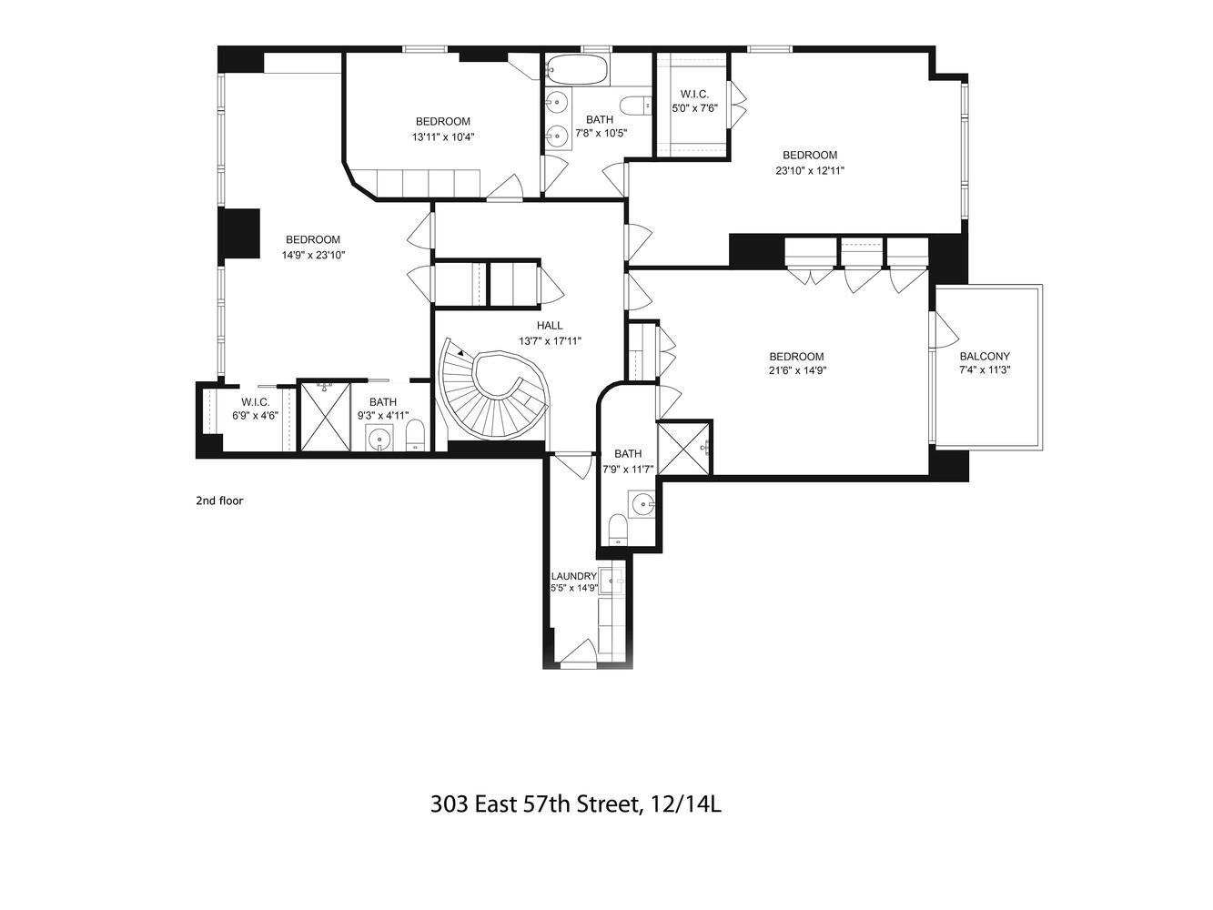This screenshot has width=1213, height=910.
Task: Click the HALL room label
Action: pyautogui.click(x=550, y=326)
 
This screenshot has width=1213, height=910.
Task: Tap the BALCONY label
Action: pyautogui.click(x=985, y=357)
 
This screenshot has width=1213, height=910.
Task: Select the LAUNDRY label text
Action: pyautogui.click(x=573, y=576)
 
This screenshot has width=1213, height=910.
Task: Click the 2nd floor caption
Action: pyautogui.click(x=219, y=500)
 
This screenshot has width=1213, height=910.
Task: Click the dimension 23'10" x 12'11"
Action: pyautogui.click(x=810, y=171)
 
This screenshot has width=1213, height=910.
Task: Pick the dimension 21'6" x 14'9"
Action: pyautogui.click(x=796, y=370)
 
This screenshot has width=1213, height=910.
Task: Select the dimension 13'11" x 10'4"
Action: pyautogui.click(x=443, y=137)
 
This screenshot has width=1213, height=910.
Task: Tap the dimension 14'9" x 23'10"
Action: pyautogui.click(x=313, y=256)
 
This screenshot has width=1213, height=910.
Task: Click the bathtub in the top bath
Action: pyautogui.click(x=576, y=70)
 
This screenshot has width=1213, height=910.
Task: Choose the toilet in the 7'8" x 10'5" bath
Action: pyautogui.click(x=636, y=105)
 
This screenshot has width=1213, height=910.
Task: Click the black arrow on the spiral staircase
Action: pyautogui.click(x=460, y=352)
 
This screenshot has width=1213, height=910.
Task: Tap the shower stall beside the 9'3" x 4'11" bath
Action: pyautogui.click(x=324, y=417)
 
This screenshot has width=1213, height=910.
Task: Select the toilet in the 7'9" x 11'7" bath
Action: pyautogui.click(x=617, y=530)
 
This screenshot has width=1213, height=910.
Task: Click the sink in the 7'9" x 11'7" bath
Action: pyautogui.click(x=642, y=504)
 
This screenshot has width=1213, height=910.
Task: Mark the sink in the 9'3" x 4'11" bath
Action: pyautogui.click(x=380, y=440)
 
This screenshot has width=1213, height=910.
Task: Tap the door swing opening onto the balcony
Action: pyautogui.click(x=945, y=330)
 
